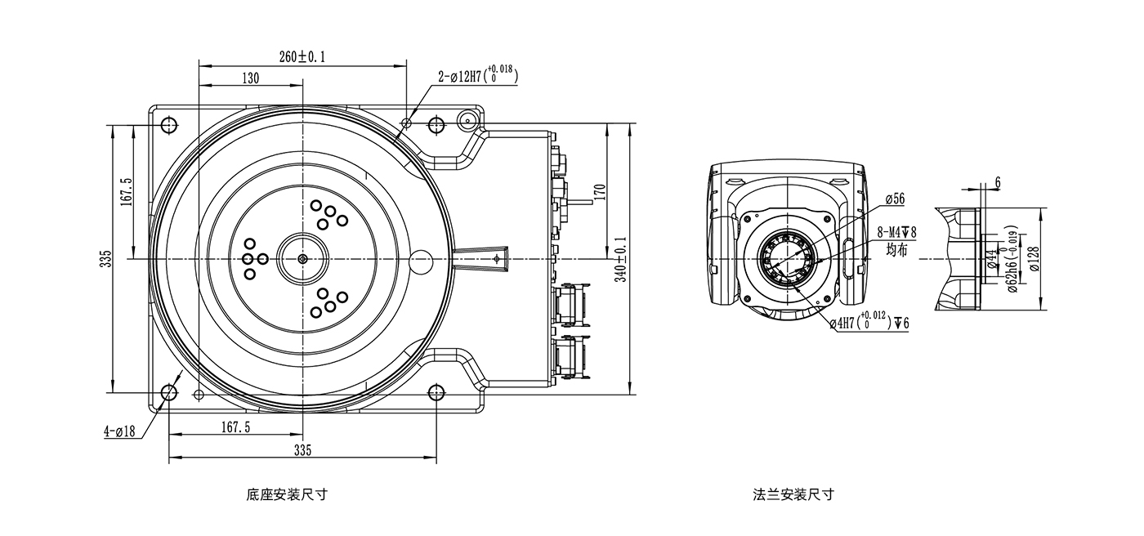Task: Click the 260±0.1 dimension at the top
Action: tap(302, 56)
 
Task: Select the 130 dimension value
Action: tap(250, 78)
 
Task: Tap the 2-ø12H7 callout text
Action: tap(477, 77)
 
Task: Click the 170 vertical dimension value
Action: tap(599, 192)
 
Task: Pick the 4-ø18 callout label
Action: tap(119, 431)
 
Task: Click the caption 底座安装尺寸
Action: tap(286, 494)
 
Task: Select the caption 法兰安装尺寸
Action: tap(793, 494)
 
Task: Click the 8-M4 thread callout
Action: tap(896, 233)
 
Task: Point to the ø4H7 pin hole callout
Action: tap(869, 323)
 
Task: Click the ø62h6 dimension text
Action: tap(1012, 261)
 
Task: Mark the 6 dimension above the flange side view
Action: tap(997, 182)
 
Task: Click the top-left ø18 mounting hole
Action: tap(169, 125)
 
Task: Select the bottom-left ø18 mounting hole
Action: tap(169, 393)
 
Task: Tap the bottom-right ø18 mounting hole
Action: tap(436, 393)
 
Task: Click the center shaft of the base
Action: tap(302, 259)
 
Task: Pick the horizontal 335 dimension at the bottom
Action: tap(302, 450)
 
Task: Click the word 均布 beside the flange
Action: tap(896, 251)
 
